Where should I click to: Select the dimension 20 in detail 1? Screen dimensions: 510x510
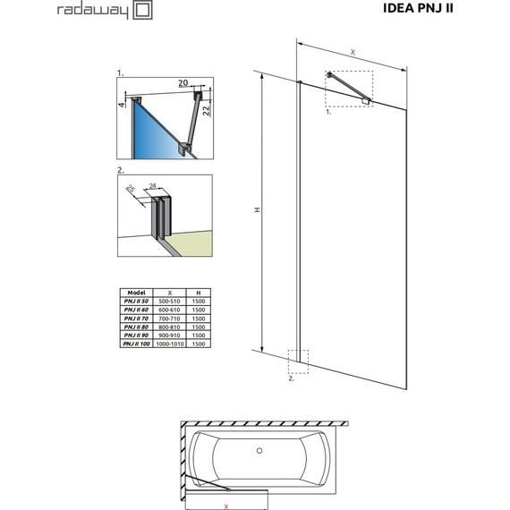[183, 83]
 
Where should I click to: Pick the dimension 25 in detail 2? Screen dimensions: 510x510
[130, 190]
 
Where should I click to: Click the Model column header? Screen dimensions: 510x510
[137, 293]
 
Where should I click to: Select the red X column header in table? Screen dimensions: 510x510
[170, 293]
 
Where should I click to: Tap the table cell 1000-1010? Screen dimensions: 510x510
[170, 344]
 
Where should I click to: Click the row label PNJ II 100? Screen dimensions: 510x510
[137, 344]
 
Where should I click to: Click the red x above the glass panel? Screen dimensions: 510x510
[354, 54]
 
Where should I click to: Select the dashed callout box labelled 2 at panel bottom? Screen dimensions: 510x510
[297, 361]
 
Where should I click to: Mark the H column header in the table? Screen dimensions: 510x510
[198, 293]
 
